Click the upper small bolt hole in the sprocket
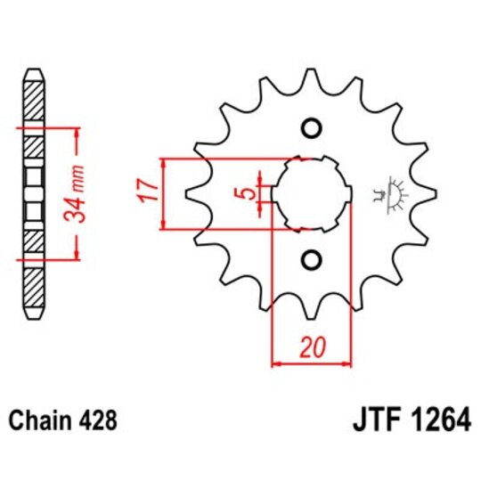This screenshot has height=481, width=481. coord(311,128)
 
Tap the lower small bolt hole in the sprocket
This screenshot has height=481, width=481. coord(311,259)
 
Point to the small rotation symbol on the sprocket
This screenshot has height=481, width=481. coord(391,194)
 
